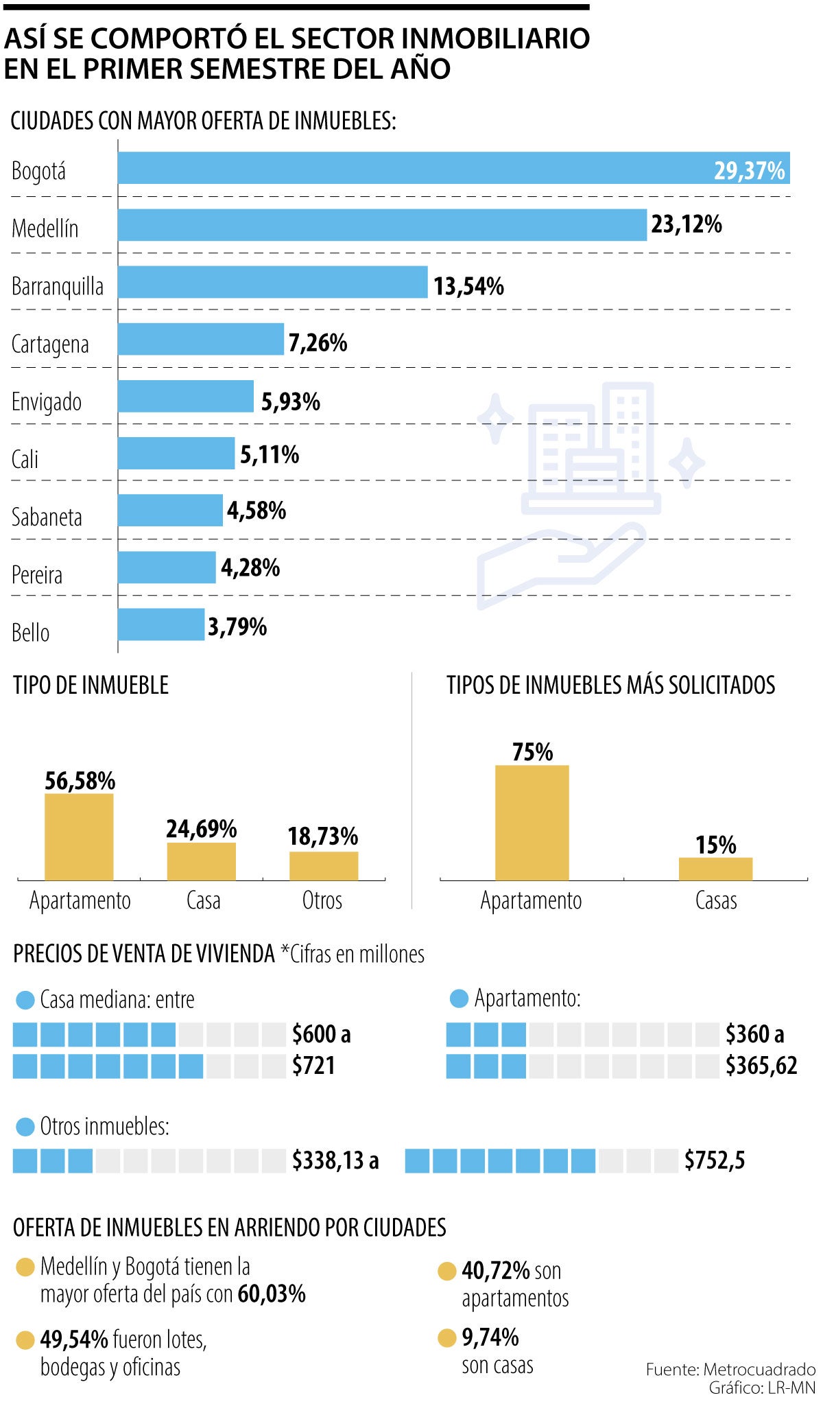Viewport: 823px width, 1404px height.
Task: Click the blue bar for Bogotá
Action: [x=453, y=168]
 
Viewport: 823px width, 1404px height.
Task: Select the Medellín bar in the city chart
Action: [x=381, y=225]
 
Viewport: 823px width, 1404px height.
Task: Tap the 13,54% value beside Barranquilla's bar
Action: [x=468, y=285]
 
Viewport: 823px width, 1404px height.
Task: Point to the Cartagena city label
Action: [x=50, y=344]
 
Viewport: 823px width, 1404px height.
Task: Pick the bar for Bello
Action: [x=160, y=624]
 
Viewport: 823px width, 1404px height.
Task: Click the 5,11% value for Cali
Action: [x=270, y=454]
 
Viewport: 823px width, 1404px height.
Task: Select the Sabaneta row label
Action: [x=47, y=517]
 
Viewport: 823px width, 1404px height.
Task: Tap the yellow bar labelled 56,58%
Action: [x=79, y=836]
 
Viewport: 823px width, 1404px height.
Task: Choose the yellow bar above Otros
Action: [x=323, y=865]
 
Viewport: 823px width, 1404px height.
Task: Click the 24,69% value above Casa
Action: [x=201, y=829]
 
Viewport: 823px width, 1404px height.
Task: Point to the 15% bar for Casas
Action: [x=715, y=868]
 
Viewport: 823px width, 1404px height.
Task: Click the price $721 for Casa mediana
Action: [x=313, y=1065]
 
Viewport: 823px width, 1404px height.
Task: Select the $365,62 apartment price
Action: [x=761, y=1065]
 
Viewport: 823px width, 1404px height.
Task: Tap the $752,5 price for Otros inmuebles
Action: [x=714, y=1160]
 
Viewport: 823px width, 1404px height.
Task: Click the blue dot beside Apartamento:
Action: [x=459, y=998]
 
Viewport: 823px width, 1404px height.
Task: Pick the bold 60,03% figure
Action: [x=272, y=1294]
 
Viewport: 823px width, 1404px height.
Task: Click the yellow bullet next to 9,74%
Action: [x=446, y=1337]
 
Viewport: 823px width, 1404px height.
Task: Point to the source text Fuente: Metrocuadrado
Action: [x=730, y=1369]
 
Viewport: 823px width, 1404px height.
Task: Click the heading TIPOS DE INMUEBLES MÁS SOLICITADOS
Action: [x=610, y=685]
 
